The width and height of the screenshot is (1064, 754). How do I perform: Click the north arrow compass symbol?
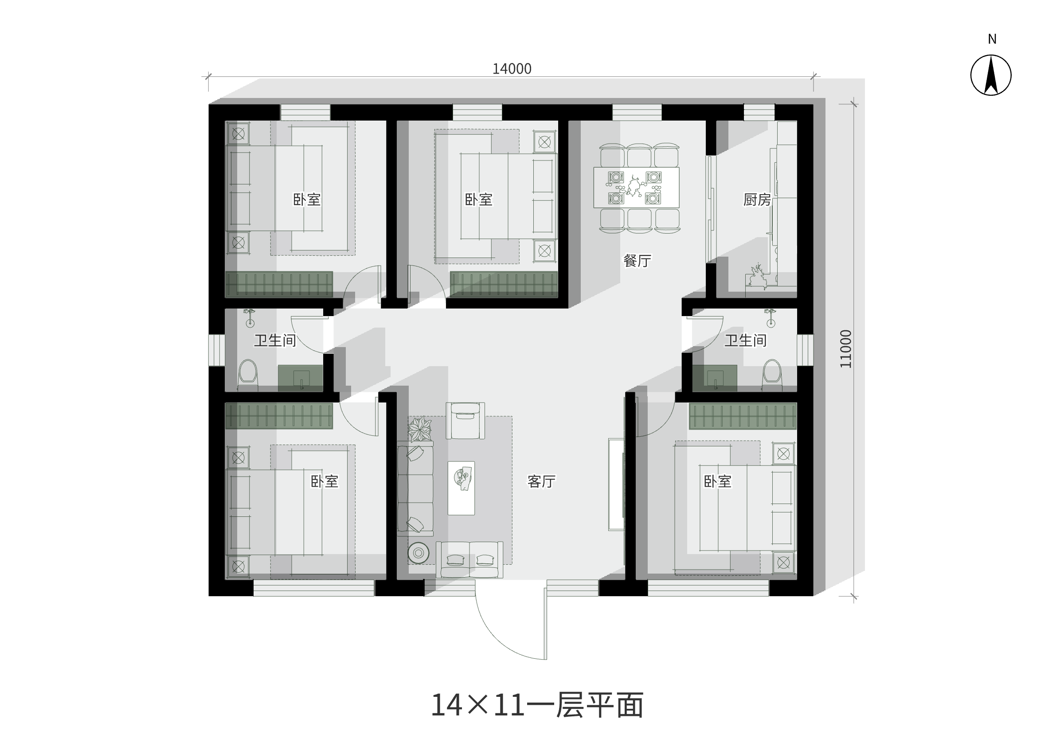[991, 75]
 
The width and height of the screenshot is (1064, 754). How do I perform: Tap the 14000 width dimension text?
[512, 69]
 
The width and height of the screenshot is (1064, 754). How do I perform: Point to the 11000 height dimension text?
[846, 349]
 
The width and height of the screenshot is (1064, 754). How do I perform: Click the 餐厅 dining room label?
[637, 261]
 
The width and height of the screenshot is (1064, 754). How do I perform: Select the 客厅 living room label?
[541, 481]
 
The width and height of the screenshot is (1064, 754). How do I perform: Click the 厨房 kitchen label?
[757, 199]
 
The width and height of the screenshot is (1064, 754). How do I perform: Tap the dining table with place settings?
[637, 188]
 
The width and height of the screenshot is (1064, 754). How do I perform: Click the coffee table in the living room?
[461, 488]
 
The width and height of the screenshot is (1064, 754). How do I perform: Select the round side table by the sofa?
[418, 553]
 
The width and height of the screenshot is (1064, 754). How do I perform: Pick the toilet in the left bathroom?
[247, 375]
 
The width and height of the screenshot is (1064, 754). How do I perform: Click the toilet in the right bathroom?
[772, 375]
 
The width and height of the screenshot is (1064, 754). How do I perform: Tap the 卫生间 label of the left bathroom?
[275, 340]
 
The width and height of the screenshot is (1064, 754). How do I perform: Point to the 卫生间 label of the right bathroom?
[746, 340]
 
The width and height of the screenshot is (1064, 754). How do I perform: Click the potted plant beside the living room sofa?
[420, 430]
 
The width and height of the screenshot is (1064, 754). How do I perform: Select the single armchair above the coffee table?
[465, 420]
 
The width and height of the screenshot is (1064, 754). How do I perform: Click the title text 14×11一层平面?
[537, 705]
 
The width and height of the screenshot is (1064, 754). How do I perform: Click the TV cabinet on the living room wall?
[617, 484]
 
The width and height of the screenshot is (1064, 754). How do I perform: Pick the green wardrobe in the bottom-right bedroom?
[743, 416]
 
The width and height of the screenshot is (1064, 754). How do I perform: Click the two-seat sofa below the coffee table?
[469, 559]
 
